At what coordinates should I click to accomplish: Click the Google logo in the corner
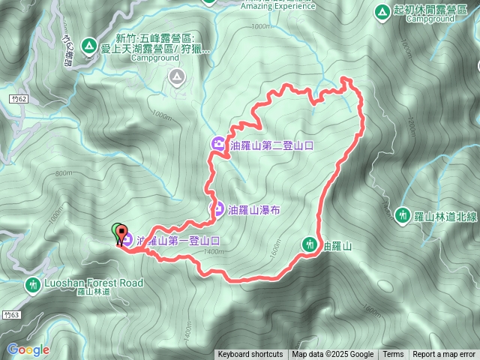[x=28, y=349]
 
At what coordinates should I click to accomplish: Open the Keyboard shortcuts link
[x=250, y=355]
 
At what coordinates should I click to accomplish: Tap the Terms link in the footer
[x=393, y=355]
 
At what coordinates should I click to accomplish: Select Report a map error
[x=444, y=355]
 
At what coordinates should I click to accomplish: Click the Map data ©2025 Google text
[x=333, y=355]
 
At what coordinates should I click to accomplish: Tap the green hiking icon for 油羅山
[x=309, y=244]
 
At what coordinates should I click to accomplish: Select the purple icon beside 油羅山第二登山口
[x=217, y=145]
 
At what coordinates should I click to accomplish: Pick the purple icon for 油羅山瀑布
[x=217, y=209]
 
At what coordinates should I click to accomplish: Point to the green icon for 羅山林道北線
[x=403, y=215]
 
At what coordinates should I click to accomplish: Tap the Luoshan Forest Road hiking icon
[x=33, y=284]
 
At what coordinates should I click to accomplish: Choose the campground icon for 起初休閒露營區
[x=382, y=11]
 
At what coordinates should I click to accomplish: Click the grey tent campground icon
[x=176, y=76]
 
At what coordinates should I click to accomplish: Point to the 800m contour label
[x=64, y=173]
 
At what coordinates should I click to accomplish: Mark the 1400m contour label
[x=214, y=251]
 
